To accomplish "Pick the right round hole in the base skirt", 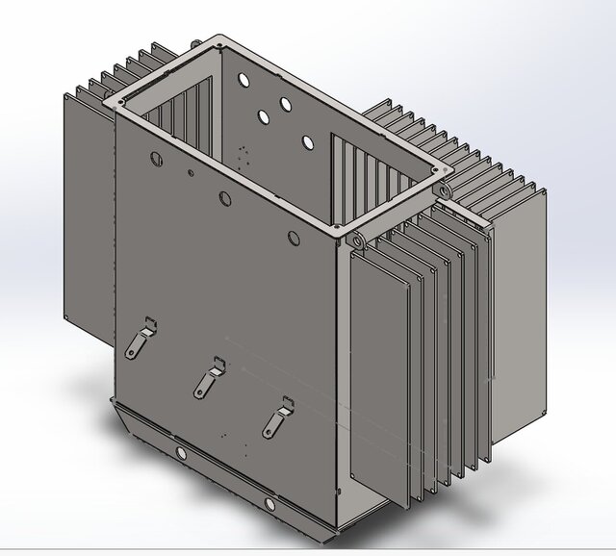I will (269, 504).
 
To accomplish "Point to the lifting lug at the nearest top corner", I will (356, 237).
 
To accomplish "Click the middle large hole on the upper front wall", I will (225, 198).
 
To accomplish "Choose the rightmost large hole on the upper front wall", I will (293, 238).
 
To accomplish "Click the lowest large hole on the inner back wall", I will (307, 142).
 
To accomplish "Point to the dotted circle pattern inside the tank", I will (243, 156).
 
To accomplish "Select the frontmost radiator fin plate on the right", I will (381, 375).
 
